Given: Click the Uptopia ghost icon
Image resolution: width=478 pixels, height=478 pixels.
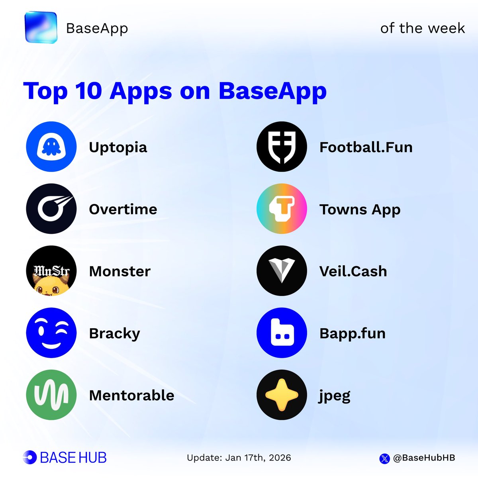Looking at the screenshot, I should click(51, 147).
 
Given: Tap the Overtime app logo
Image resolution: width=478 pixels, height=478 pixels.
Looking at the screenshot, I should click(51, 209).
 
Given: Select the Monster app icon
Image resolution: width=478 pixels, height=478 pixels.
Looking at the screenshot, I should click(51, 271).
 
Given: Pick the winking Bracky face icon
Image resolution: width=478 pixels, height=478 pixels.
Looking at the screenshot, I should click(51, 333).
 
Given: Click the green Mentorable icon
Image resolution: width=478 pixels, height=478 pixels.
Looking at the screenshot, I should click(51, 395).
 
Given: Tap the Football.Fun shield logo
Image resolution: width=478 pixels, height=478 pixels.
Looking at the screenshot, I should click(282, 147).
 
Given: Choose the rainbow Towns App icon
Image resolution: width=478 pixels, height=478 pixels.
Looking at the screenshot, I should click(282, 209).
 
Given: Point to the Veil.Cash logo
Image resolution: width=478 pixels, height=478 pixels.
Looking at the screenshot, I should click(282, 271).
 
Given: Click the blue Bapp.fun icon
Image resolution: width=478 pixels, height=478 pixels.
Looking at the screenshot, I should click(282, 333).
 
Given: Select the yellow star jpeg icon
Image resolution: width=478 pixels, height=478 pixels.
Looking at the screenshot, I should click(282, 395).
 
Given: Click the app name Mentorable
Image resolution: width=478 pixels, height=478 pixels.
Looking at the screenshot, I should click(131, 395).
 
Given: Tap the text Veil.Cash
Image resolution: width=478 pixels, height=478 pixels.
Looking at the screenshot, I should click(353, 271).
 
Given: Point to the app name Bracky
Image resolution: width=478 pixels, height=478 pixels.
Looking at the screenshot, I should click(114, 333).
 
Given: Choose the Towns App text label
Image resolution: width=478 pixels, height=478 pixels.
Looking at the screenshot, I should click(360, 210).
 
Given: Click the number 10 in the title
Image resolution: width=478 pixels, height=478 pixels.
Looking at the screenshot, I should click(88, 91).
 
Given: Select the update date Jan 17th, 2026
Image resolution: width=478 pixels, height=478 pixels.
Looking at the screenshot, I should click(258, 458).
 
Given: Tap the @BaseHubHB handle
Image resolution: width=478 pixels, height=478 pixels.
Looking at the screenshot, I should click(424, 458).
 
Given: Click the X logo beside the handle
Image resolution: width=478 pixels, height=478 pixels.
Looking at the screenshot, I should click(384, 458).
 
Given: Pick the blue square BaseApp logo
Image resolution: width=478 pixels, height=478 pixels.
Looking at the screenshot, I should click(41, 27).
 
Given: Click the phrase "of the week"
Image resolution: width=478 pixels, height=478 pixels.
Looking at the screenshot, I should click(422, 28).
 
